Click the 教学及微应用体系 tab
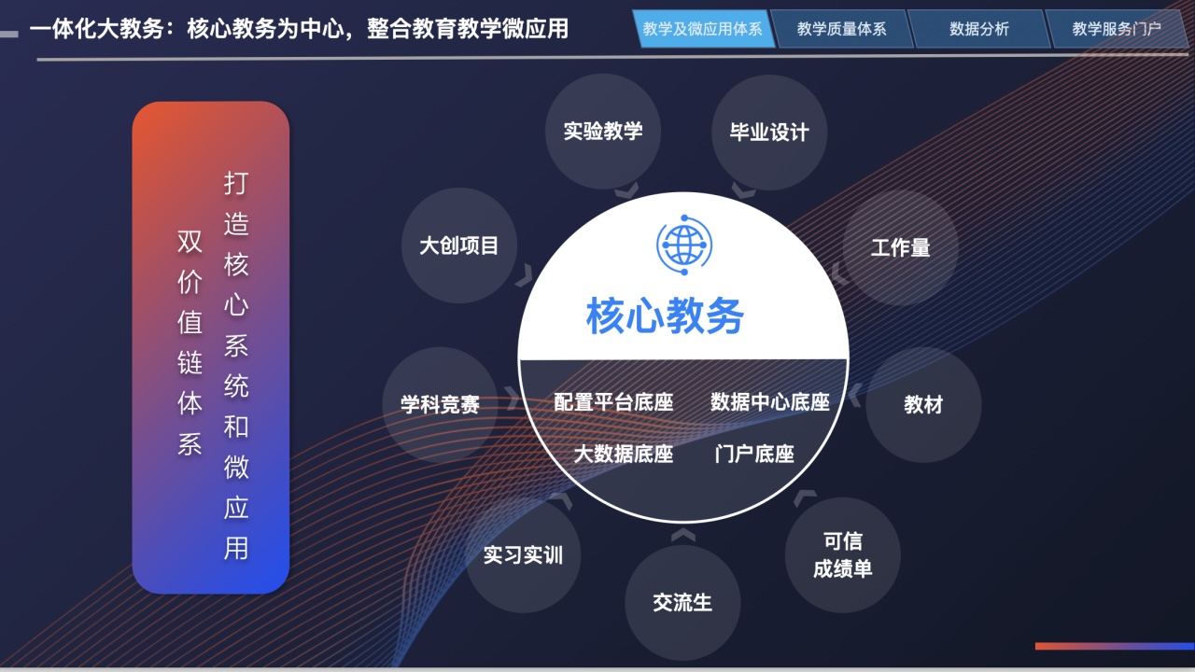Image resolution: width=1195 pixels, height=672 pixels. (703, 29)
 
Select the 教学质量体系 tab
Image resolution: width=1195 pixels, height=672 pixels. (842, 29)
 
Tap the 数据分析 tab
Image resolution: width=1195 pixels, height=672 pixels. (979, 29)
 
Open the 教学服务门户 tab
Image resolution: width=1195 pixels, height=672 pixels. (1117, 29)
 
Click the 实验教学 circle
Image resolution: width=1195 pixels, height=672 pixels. (603, 132)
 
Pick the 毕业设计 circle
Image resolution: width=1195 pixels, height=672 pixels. (769, 133)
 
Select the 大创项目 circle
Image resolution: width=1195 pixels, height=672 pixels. (458, 245)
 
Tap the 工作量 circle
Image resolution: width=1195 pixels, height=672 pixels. (901, 248)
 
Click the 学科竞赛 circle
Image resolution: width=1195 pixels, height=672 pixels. (440, 405)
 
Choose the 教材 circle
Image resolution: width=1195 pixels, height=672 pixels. (923, 405)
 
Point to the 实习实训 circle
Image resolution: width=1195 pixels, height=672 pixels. (523, 555)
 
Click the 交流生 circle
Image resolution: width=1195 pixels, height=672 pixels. (682, 603)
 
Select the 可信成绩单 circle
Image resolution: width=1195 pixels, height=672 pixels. (843, 555)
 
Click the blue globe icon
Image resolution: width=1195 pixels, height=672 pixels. (684, 245)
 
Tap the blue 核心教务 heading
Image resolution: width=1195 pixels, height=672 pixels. (666, 315)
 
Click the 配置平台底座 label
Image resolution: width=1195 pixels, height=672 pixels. (613, 402)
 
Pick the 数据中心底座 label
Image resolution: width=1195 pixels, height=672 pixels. (770, 402)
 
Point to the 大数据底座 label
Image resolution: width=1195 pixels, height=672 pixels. (623, 454)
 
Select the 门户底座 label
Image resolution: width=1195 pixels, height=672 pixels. (754, 454)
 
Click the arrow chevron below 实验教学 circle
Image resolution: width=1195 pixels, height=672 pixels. (626, 190)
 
